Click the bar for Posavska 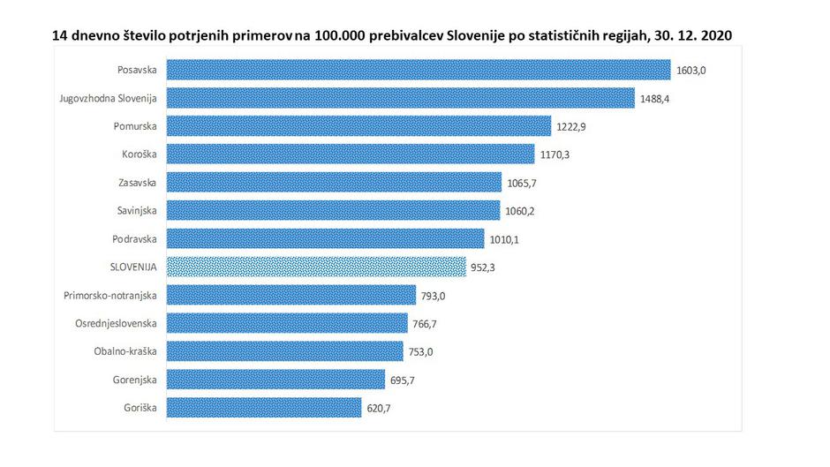[419, 70]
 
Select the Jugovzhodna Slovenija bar [401, 98]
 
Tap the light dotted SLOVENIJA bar [316, 267]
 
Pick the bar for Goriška [264, 408]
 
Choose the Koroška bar [351, 154]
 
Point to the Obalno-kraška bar [284, 351]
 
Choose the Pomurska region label [135, 126]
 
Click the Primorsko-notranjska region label [110, 295]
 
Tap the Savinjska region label [136, 210]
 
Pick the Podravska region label [135, 238]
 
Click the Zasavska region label [137, 182]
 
